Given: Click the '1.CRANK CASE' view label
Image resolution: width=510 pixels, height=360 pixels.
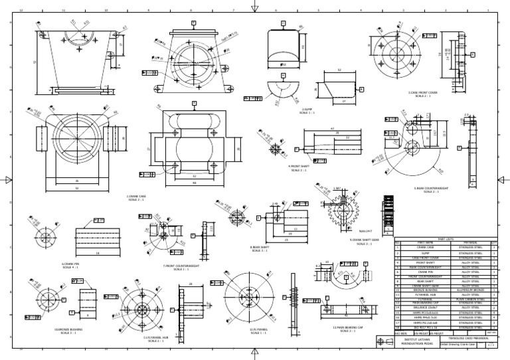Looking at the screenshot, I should pos(137,197).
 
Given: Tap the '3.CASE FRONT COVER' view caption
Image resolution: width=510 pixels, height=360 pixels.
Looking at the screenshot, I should pos(423,93).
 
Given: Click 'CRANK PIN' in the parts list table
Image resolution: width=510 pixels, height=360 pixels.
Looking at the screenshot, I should pos(424,271).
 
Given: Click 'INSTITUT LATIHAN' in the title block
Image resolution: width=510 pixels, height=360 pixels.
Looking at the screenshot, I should pos(417,339).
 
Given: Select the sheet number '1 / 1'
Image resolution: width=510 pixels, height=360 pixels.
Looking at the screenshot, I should pos(491,345).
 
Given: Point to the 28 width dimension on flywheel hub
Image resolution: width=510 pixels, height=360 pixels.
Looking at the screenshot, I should pos(190,284).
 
